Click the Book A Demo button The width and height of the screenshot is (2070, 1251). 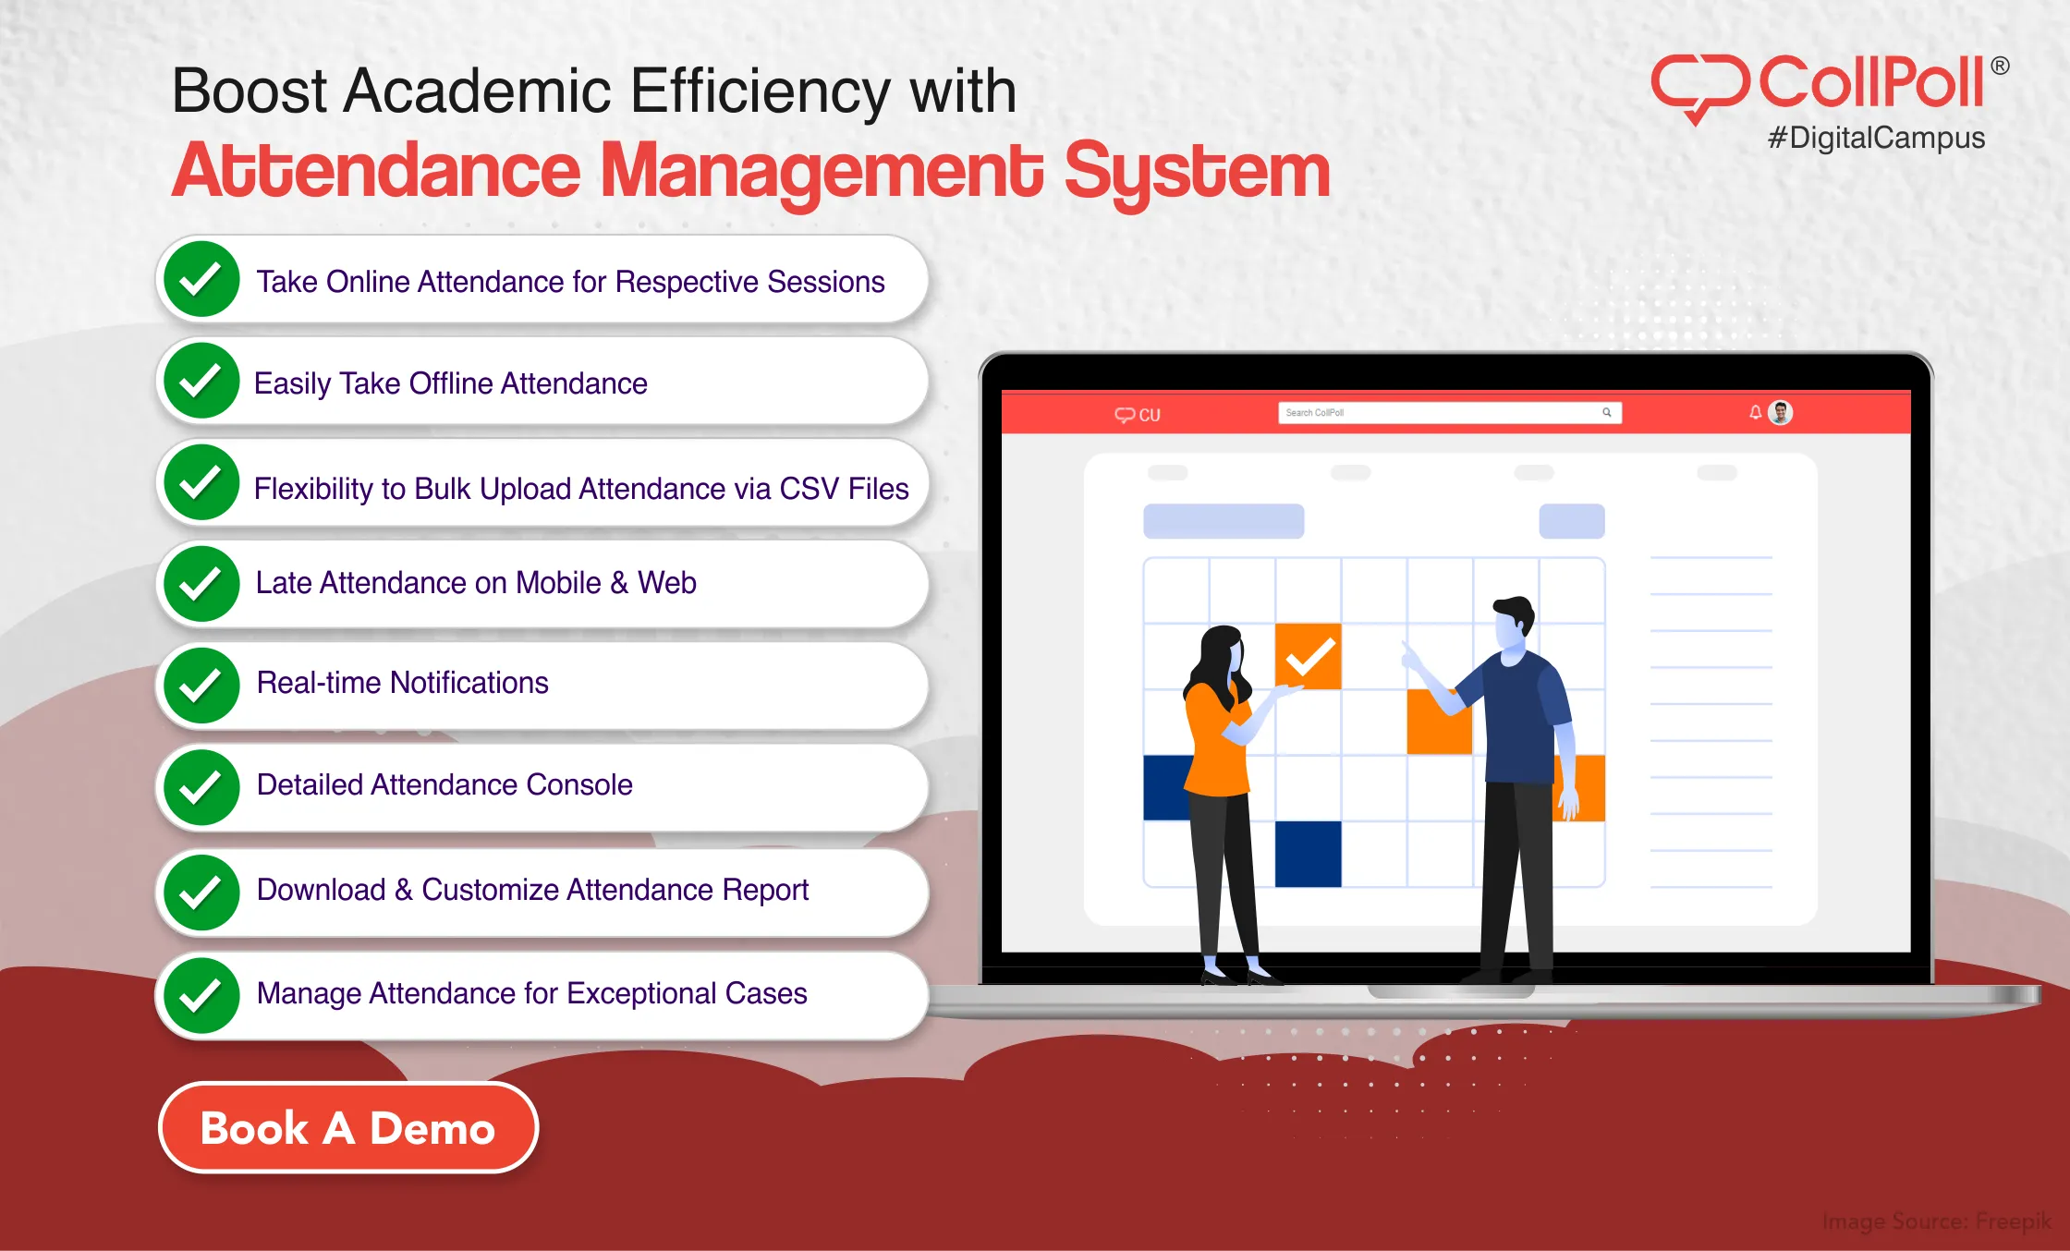(347, 1127)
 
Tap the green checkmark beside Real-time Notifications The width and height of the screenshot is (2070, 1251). (201, 685)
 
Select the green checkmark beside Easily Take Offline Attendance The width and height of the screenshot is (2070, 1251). (201, 381)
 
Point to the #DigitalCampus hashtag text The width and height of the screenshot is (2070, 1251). (1876, 139)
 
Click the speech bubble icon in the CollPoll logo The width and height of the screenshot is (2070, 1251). (1699, 86)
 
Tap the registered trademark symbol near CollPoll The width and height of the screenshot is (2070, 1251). (1999, 66)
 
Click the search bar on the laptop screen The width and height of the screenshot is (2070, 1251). (1442, 413)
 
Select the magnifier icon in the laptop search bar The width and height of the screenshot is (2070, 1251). (1607, 413)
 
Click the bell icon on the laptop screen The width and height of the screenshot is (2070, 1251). (1755, 413)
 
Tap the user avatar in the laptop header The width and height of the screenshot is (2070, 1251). (1781, 413)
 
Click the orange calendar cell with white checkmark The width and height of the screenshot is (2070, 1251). (1308, 656)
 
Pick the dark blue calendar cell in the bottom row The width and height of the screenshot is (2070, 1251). (1308, 854)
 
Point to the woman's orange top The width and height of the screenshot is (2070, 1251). (1214, 748)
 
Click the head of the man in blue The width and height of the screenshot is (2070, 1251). (1513, 624)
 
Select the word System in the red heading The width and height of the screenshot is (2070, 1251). (1197, 172)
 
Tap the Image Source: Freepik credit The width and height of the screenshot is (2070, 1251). (1936, 1221)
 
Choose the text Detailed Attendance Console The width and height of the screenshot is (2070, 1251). (444, 784)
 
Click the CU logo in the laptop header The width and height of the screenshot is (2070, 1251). (1138, 415)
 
